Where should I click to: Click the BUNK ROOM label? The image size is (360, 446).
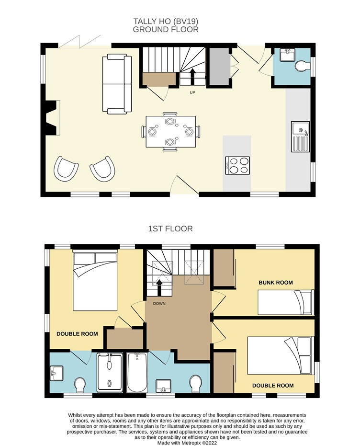(276, 283)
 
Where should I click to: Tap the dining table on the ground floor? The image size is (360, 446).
(171, 131)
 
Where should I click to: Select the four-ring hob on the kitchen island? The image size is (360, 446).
(237, 165)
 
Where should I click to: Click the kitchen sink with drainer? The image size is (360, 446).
(300, 137)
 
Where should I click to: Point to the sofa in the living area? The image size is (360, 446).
(117, 84)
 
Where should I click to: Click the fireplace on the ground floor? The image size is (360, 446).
(52, 117)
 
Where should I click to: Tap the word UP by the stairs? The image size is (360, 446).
(192, 92)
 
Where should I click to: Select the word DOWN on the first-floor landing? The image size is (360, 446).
(159, 304)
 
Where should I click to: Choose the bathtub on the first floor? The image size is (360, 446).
(137, 372)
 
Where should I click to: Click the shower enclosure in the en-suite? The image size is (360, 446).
(110, 372)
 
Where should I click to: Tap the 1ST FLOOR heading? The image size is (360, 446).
(170, 229)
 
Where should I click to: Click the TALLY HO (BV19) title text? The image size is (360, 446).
(166, 22)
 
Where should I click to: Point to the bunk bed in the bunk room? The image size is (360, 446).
(286, 302)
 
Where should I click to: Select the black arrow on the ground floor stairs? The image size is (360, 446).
(192, 76)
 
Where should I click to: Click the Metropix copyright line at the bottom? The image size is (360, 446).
(187, 443)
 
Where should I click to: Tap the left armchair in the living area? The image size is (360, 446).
(66, 168)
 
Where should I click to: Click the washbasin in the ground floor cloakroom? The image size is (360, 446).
(288, 55)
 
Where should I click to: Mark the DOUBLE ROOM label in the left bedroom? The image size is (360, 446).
(77, 334)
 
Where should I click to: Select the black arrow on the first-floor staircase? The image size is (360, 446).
(159, 288)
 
